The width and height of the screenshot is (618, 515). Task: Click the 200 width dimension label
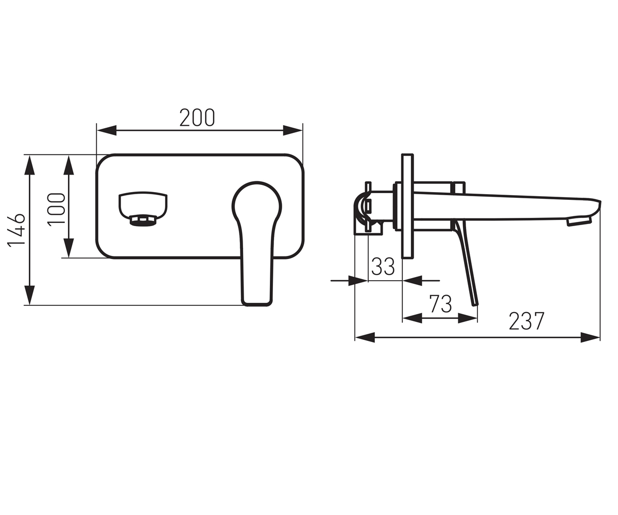point(197,118)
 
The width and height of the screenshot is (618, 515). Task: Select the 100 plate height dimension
point(56,209)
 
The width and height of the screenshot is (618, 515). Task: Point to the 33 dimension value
point(383,266)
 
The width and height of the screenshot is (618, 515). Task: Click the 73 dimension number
point(441,304)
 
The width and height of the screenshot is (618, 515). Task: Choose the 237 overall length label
point(526,321)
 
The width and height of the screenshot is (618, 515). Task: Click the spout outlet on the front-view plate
point(143,209)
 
